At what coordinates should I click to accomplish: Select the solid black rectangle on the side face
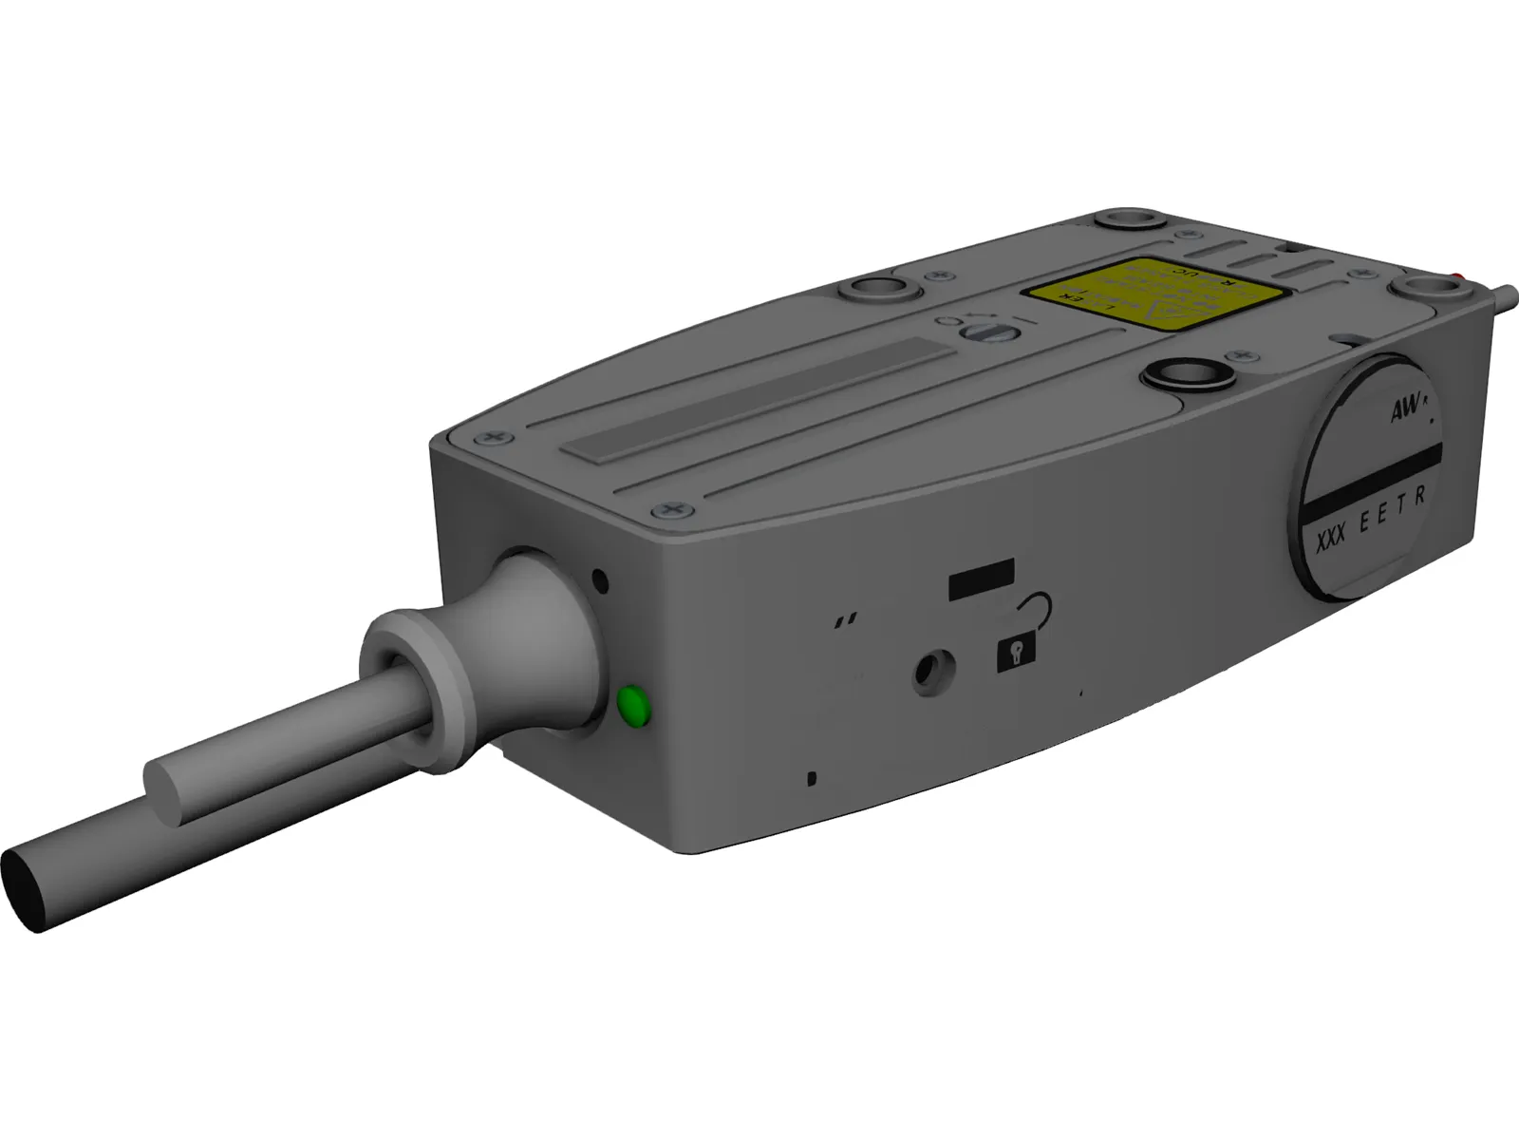pyautogui.click(x=982, y=579)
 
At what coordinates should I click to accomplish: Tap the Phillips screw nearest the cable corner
pyautogui.click(x=673, y=511)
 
